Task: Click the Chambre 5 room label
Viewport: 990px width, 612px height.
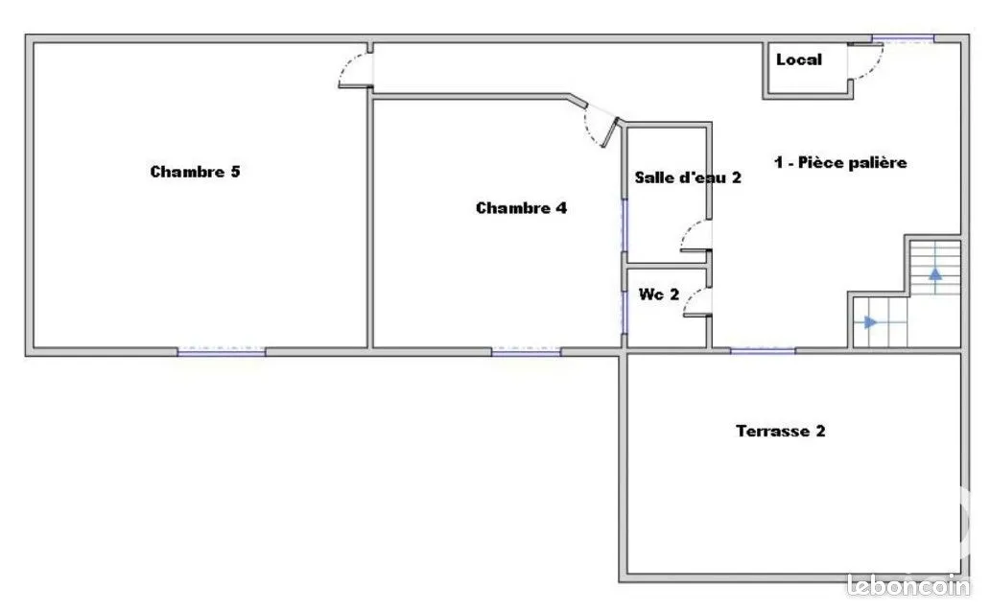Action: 195,172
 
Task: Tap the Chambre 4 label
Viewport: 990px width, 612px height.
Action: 522,208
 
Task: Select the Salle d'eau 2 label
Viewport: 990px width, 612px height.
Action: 688,177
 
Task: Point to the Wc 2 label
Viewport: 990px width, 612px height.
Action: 658,294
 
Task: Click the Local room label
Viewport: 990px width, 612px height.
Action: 799,60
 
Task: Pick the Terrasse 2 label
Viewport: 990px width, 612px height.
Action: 780,431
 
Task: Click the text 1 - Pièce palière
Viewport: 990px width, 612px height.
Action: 840,162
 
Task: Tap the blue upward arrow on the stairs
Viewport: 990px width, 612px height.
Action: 935,274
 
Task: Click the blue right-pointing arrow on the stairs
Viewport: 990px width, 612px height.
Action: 871,322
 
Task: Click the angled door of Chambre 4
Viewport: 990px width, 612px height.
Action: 610,132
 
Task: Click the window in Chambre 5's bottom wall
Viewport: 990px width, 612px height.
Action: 221,350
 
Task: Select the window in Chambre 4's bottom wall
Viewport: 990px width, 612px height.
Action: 526,350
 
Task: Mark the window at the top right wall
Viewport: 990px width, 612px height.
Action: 903,39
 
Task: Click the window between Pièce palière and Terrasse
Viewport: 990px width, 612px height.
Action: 763,350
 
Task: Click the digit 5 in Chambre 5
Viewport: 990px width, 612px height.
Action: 235,172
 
